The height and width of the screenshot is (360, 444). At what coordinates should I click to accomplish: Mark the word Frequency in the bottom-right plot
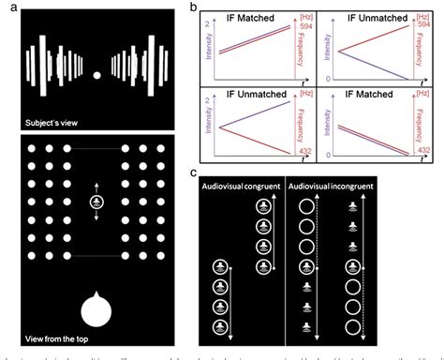416,125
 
